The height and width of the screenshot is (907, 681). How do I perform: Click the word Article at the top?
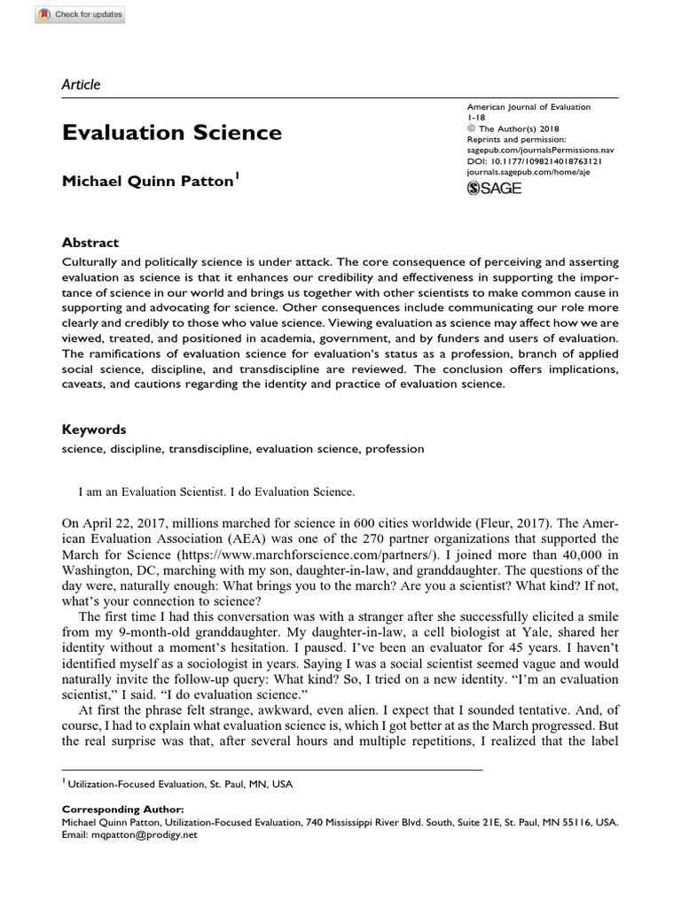[81, 85]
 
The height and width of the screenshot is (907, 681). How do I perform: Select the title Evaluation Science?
[172, 133]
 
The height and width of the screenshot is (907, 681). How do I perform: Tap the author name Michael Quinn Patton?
[146, 182]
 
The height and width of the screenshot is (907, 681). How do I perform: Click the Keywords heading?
[93, 430]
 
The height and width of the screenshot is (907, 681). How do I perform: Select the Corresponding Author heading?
[123, 809]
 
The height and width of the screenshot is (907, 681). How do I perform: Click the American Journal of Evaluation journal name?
[528, 107]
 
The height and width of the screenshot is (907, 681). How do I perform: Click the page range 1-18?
[476, 118]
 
